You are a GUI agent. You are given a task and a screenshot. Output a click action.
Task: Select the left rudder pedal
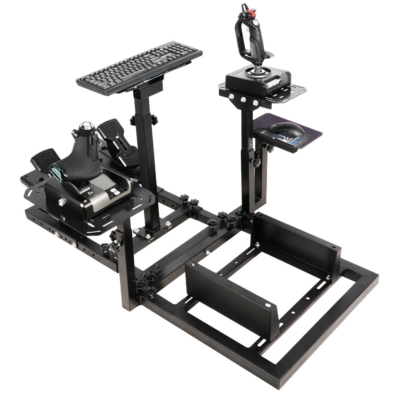click(45, 159)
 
